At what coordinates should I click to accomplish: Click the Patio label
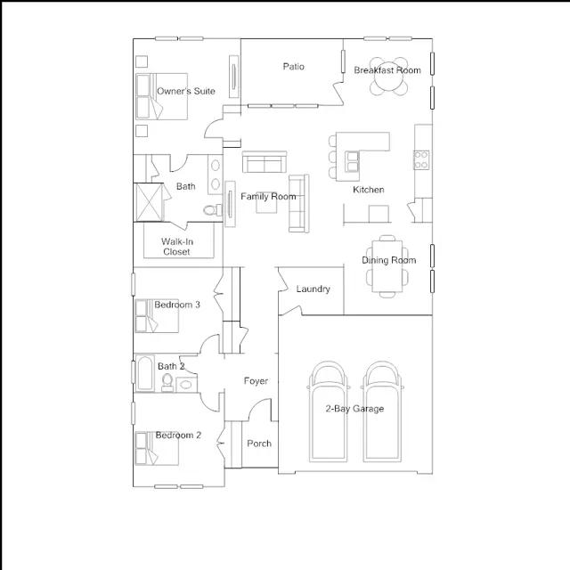[293, 67]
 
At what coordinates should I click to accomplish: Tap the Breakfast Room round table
[388, 77]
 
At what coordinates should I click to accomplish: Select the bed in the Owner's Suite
[161, 96]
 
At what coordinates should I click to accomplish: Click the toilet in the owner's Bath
[213, 210]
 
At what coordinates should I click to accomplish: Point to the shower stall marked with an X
[149, 202]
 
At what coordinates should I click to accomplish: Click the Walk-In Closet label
[177, 247]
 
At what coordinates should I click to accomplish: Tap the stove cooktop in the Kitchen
[421, 160]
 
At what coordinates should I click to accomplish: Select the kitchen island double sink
[353, 162]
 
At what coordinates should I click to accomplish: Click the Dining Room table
[387, 266]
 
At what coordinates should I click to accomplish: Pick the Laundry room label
[313, 289]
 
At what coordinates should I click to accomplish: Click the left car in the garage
[329, 411]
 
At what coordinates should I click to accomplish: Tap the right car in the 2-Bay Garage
[382, 411]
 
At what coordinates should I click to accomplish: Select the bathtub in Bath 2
[144, 373]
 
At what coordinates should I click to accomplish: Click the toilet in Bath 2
[167, 383]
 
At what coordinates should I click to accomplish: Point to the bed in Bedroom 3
[157, 316]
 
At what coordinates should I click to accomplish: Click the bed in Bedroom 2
[157, 448]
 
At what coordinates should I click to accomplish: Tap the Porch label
[259, 444]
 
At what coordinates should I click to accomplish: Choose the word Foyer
[256, 381]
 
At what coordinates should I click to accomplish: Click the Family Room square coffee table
[266, 202]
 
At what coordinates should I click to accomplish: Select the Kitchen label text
[368, 190]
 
